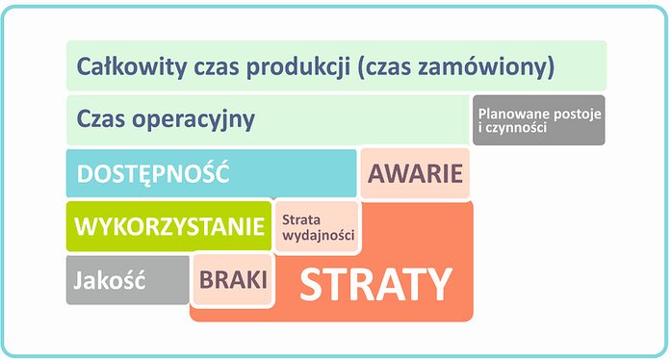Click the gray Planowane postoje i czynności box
[x=538, y=120]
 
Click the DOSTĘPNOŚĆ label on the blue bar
[x=152, y=174]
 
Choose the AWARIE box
[x=416, y=174]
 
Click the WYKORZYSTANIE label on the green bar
[x=168, y=227]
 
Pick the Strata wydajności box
[x=317, y=227]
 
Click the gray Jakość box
[x=109, y=281]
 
